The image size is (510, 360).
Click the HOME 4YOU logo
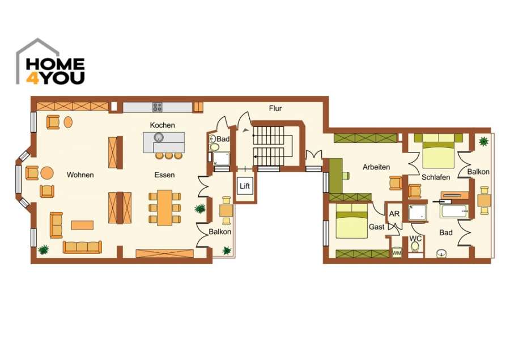[x=50, y=63]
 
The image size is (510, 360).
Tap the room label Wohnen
[x=80, y=175]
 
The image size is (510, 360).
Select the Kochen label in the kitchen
[x=162, y=125]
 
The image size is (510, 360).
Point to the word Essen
[x=164, y=175]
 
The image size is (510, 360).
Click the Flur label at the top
[x=275, y=108]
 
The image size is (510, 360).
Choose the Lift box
[x=244, y=186]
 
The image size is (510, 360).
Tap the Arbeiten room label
[x=376, y=167]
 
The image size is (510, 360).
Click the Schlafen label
[x=435, y=177]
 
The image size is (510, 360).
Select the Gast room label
[x=376, y=227]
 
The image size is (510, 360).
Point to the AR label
[x=394, y=214]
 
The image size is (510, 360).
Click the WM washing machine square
[x=397, y=253]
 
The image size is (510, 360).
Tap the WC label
[x=415, y=238]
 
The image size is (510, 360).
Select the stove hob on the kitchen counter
[x=157, y=107]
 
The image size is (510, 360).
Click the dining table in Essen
[x=165, y=206]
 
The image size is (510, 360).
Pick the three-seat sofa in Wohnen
[x=82, y=247]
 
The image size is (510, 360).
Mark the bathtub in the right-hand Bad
[x=455, y=211]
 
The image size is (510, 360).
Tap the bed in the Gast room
[x=351, y=221]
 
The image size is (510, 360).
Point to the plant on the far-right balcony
[x=483, y=141]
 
